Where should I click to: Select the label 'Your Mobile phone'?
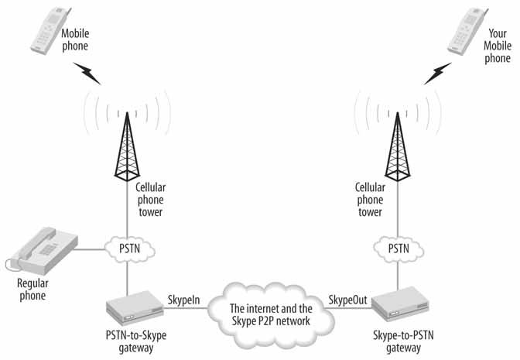(498, 46)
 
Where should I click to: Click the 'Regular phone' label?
(32, 290)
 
